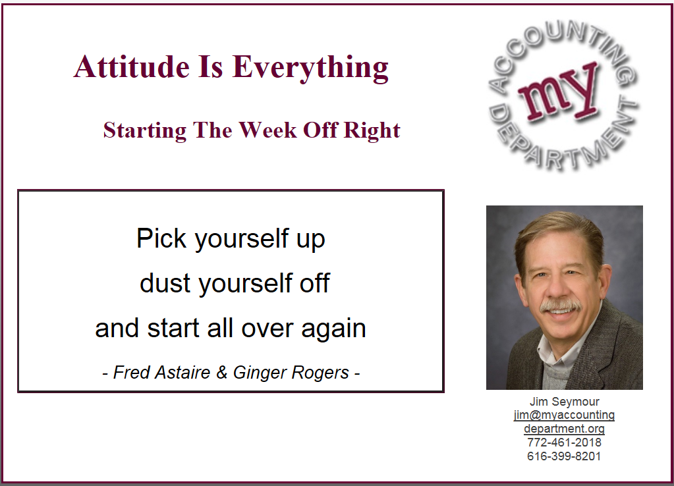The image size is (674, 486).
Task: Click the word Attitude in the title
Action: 132,67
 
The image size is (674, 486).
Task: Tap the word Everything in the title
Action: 310,68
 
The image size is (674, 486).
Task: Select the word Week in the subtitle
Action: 267,130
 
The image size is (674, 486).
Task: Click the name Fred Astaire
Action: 161,372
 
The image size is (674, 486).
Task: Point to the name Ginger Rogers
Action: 291,373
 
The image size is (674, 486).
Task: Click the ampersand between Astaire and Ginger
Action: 222,372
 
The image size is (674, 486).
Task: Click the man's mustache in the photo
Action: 561,306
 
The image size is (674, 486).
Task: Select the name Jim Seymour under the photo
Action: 564,401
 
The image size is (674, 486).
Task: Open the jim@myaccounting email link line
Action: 564,415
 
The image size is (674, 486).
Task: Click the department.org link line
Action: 564,429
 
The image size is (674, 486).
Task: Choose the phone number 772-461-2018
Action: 564,442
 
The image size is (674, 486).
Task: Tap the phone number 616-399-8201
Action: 564,456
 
